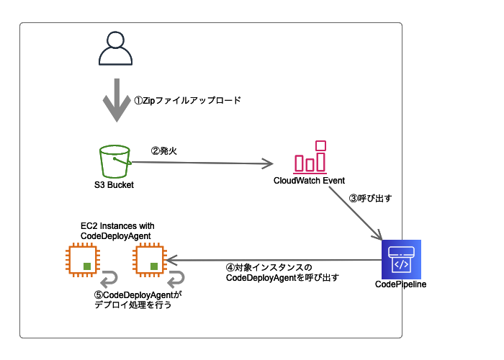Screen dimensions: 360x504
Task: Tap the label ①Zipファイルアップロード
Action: (x=187, y=101)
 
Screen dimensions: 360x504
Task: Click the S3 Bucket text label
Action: (x=114, y=184)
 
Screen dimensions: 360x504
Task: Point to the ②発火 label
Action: (x=163, y=151)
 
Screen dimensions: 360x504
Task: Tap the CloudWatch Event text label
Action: (x=310, y=180)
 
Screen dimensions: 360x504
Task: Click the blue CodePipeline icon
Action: (x=401, y=259)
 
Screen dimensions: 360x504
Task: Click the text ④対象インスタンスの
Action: (x=270, y=267)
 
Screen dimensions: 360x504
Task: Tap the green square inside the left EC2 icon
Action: (x=87, y=266)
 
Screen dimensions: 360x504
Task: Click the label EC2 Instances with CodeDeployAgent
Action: (x=117, y=230)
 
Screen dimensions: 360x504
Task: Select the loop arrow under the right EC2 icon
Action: (x=176, y=277)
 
